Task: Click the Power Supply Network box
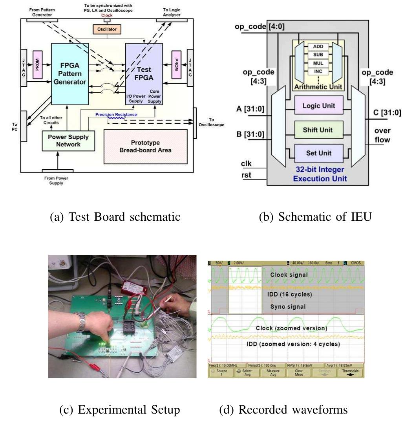[68, 141]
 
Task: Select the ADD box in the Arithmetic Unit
[318, 46]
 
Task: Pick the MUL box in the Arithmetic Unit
[318, 62]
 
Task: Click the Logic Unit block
[318, 106]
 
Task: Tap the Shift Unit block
[318, 130]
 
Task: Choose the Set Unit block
[318, 153]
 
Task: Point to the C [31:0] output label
[387, 113]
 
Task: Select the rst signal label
[246, 176]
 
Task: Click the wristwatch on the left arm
[82, 322]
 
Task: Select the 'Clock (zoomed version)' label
[291, 328]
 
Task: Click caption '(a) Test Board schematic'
[116, 216]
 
